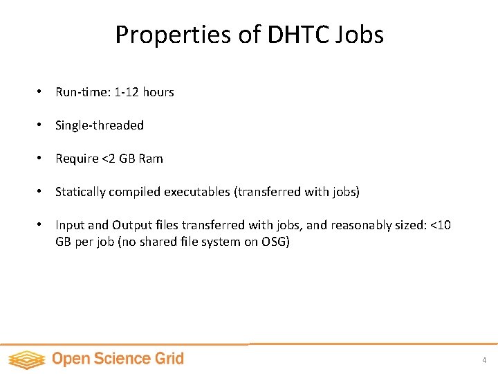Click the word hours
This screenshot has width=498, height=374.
click(158, 92)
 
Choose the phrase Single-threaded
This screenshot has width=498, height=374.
click(100, 125)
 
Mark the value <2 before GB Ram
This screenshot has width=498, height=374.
click(109, 159)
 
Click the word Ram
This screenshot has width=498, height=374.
click(151, 159)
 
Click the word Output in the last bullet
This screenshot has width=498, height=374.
click(129, 225)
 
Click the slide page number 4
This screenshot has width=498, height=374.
click(484, 360)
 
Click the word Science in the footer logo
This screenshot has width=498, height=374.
click(122, 359)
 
